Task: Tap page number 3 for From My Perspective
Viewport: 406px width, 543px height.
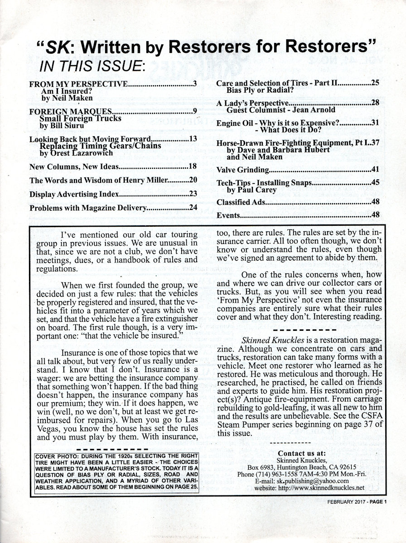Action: coord(194,84)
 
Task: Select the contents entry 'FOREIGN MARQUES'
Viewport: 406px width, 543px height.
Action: coord(70,111)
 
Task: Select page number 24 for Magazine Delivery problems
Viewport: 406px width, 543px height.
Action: coord(193,208)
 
